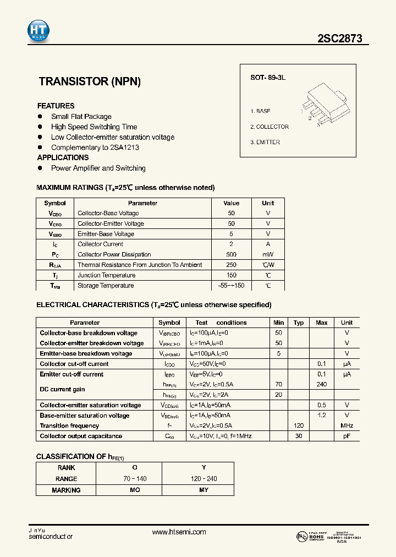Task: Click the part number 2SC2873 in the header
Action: (x=339, y=39)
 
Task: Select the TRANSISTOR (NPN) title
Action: (x=90, y=81)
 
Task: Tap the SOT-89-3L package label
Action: (x=268, y=78)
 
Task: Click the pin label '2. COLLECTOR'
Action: (x=269, y=127)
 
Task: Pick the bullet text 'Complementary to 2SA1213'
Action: (x=95, y=148)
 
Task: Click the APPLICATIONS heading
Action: (x=63, y=157)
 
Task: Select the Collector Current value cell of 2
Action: (x=231, y=244)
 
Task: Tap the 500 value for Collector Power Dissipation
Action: (x=231, y=255)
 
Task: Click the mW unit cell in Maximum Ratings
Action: (x=268, y=255)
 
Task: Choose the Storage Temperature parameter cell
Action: (x=106, y=286)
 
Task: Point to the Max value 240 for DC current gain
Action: (x=322, y=385)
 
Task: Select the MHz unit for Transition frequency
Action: (x=346, y=426)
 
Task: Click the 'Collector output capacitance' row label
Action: (x=81, y=436)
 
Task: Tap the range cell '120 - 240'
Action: (x=204, y=479)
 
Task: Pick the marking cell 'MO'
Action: (x=135, y=490)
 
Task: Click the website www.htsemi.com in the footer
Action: (x=179, y=532)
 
